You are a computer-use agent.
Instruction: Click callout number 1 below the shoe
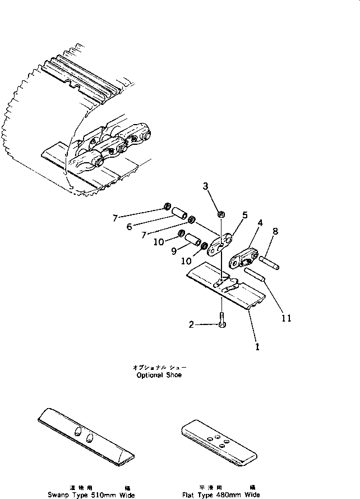tap(257, 346)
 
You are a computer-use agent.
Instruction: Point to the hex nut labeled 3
tap(221, 214)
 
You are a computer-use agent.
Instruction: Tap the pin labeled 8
tap(267, 261)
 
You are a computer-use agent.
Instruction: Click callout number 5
tap(244, 214)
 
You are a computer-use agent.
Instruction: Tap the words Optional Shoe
tap(159, 375)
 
